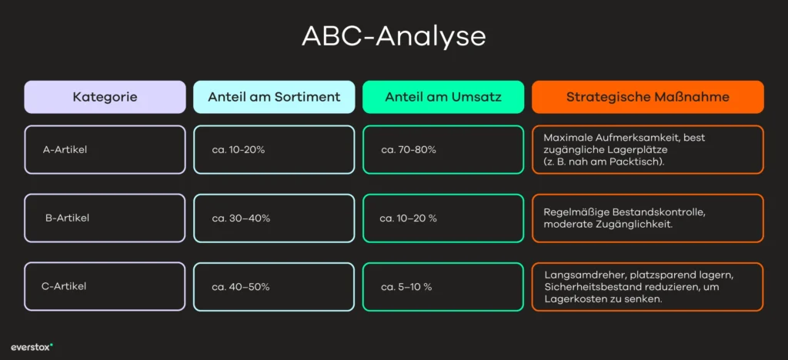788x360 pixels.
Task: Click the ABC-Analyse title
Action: coord(393,36)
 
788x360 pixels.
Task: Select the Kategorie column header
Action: coord(105,97)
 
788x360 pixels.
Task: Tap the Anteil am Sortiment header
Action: coord(274,97)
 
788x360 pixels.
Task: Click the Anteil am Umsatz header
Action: coord(443,97)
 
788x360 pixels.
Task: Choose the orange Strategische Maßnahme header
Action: coord(647,97)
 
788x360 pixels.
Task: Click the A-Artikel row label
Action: coord(65,149)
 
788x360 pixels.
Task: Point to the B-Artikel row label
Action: coord(67,218)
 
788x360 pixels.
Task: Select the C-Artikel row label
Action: coord(63,286)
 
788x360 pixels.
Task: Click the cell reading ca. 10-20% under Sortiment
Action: coord(239,149)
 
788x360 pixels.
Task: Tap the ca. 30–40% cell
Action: coord(241,218)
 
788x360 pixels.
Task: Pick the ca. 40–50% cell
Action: coord(241,286)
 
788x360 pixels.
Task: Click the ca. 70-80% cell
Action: coord(409,149)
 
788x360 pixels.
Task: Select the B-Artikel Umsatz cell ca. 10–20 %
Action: coord(409,218)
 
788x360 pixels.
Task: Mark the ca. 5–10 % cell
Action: coord(406,286)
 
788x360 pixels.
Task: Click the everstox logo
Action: coord(32,346)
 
